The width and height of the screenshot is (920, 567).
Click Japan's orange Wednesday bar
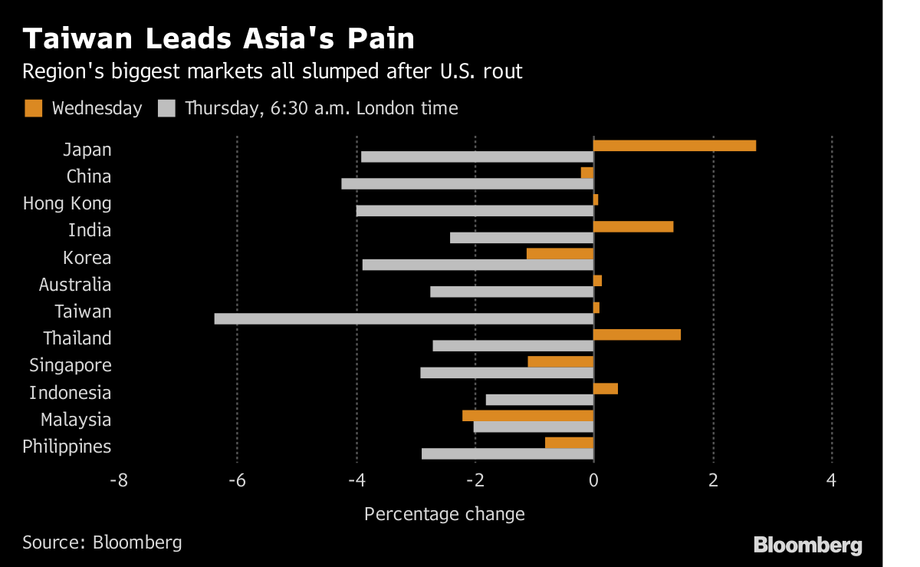coord(675,146)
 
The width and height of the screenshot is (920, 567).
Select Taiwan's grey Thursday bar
coord(404,318)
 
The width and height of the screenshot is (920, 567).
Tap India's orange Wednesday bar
coord(633,226)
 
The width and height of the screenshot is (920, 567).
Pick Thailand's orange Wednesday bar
coord(637,335)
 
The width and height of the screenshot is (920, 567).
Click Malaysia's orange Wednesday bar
coord(528,415)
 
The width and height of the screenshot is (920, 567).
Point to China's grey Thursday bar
coord(468,183)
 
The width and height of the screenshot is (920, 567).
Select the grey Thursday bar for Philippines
coord(508,453)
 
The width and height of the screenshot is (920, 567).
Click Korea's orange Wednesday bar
coord(560,253)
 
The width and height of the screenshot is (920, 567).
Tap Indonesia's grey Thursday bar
coord(540,400)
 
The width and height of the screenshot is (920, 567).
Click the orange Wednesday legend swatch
coord(33,108)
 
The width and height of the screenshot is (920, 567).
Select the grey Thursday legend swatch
coord(166,108)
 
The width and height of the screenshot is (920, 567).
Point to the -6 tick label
coord(237,481)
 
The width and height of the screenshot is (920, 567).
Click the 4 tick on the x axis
coord(832,481)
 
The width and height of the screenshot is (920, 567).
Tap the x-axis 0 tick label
coord(593,481)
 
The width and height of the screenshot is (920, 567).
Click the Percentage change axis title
coord(445,514)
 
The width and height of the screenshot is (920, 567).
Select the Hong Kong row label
coord(67,203)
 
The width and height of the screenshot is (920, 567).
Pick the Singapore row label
coord(71,365)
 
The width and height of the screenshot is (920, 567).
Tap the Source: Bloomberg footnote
coord(102,542)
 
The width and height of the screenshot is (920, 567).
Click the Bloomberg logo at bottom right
coord(807,546)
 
